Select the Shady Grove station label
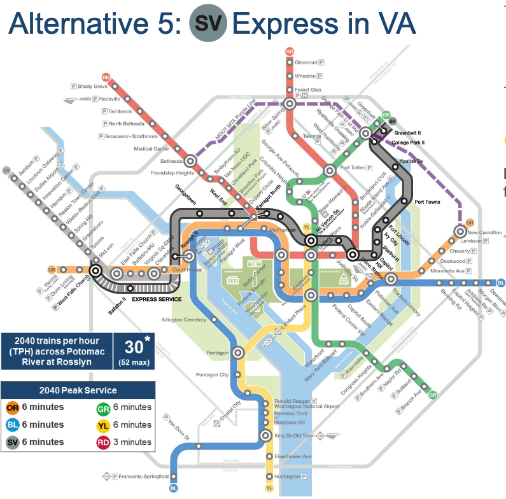[93, 86]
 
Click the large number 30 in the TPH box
[134, 347]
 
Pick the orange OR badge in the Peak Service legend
[11, 407]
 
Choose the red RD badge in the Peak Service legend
[102, 442]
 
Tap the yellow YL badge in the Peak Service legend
[102, 425]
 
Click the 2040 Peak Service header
[78, 390]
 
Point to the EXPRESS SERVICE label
[157, 299]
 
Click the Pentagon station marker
[239, 352]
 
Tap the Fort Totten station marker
[330, 170]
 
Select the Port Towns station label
[427, 202]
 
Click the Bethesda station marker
[190, 162]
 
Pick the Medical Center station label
[151, 149]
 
